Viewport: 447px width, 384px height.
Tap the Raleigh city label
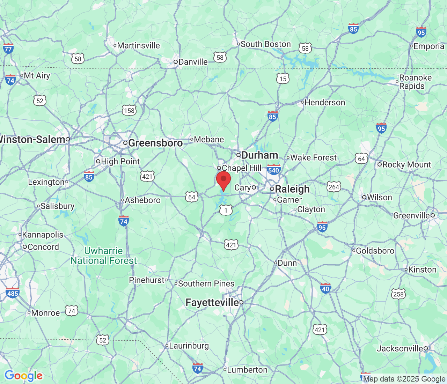click(292, 189)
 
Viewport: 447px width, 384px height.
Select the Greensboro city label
click(155, 143)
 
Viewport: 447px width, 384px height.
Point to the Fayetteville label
click(212, 302)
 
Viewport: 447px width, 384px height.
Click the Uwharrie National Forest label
click(103, 256)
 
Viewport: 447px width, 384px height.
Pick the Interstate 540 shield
click(273, 170)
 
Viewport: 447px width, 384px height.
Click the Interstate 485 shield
click(13, 293)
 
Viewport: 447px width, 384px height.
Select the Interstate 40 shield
click(325, 288)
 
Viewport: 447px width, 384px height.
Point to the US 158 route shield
click(129, 110)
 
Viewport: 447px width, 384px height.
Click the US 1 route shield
click(226, 210)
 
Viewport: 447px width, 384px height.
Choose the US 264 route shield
click(334, 187)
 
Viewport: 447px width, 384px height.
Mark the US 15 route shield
click(283, 79)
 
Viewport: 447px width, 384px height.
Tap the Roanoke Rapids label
click(415, 82)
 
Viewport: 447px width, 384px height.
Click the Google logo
click(23, 376)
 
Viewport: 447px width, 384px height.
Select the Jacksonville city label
click(400, 348)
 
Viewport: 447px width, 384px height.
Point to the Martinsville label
click(138, 45)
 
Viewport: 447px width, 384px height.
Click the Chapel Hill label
click(241, 168)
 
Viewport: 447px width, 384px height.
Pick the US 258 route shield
click(398, 294)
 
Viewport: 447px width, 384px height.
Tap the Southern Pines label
click(206, 283)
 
